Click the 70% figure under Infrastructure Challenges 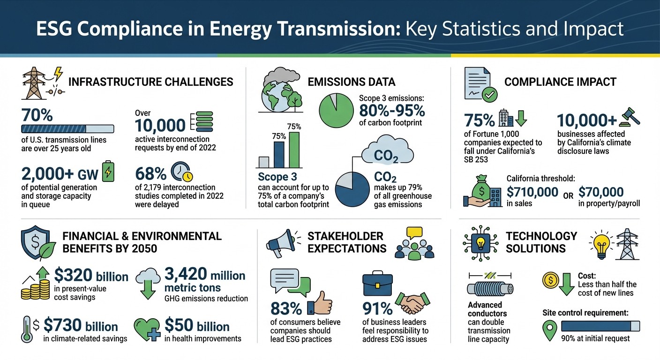37,115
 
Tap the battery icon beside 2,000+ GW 108,173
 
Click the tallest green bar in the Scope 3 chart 294,150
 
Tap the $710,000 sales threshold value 532,192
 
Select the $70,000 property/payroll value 601,192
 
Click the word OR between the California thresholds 568,195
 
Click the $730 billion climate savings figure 80,326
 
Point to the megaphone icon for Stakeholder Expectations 281,243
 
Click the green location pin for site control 549,331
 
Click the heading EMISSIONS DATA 352,82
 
